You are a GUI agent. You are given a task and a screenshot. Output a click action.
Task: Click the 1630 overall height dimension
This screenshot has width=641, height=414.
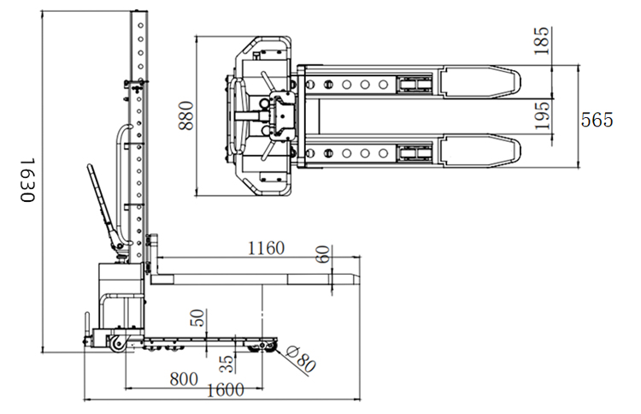click(26, 180)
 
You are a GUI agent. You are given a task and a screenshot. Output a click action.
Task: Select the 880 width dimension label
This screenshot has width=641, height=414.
click(186, 115)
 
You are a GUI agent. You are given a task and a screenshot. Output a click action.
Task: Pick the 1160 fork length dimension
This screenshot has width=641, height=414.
click(266, 249)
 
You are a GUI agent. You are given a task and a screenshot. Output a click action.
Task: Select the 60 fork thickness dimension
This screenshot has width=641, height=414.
click(322, 254)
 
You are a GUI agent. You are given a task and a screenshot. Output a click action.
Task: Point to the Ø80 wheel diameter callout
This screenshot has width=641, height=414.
click(302, 360)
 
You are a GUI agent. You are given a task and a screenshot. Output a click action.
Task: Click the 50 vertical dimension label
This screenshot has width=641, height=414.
click(197, 318)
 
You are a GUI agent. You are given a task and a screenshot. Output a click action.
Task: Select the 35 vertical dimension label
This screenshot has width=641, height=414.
click(226, 364)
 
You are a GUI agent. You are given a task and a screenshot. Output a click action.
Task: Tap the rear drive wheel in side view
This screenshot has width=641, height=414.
click(115, 345)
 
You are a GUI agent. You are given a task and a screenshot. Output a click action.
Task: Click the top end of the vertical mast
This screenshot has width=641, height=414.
click(138, 14)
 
